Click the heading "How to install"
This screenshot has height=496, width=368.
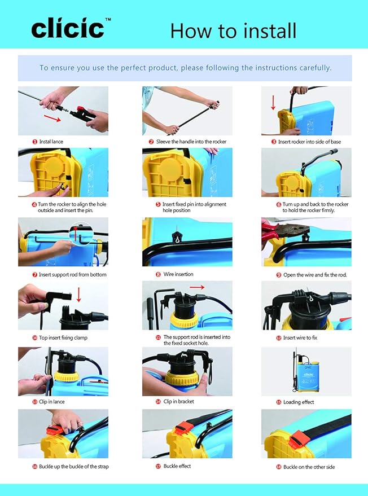233,30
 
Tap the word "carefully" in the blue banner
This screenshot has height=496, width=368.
312,68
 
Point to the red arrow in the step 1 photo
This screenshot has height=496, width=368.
52,119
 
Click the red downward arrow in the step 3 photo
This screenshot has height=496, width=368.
273,102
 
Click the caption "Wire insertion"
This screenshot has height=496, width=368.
178,274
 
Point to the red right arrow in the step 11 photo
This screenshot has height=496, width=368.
197,287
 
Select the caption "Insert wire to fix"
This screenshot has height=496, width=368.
300,338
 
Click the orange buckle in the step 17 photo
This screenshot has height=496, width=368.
181,428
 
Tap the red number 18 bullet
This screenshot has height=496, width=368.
279,467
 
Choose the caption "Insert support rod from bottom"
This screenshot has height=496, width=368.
72,275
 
